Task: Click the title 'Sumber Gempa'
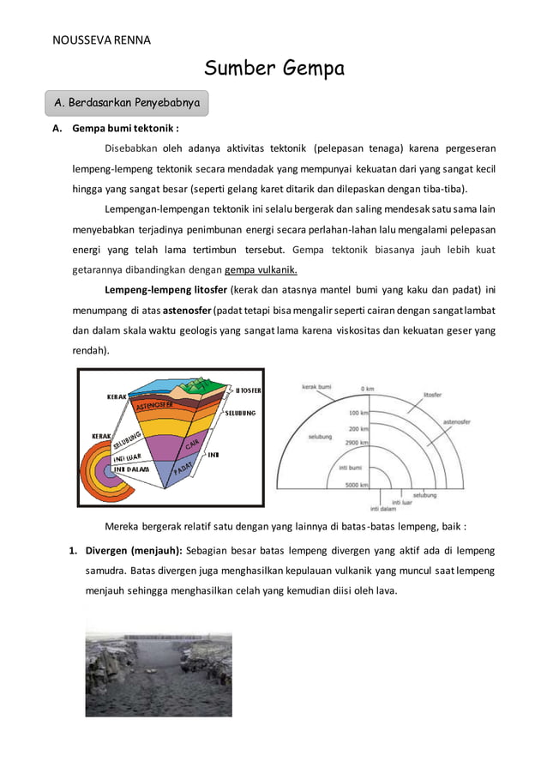click(274, 69)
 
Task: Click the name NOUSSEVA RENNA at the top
click(101, 40)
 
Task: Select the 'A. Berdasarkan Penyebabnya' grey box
click(127, 103)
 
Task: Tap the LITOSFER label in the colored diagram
click(248, 390)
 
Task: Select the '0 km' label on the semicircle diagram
click(367, 389)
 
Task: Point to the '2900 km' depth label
click(358, 443)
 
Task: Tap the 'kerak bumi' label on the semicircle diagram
click(316, 387)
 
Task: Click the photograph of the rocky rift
click(159, 674)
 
